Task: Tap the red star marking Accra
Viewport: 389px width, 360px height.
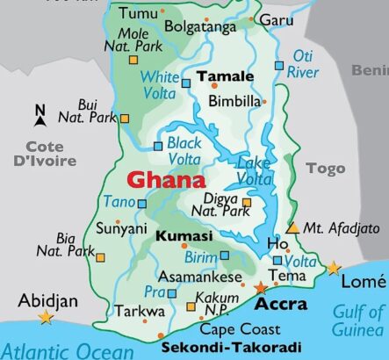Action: click(260, 287)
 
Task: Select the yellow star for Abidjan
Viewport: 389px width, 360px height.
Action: click(45, 317)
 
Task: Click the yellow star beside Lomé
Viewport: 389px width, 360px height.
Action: click(334, 267)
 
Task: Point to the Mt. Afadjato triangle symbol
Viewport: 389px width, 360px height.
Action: click(293, 227)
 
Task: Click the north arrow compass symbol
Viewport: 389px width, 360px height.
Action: click(40, 112)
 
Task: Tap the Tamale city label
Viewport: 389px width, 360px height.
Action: click(225, 76)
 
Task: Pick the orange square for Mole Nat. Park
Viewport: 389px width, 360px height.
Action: click(133, 60)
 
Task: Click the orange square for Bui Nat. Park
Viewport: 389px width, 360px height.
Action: click(124, 118)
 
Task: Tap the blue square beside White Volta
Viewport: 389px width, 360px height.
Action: click(185, 83)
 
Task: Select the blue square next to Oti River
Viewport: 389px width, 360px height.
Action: click(279, 65)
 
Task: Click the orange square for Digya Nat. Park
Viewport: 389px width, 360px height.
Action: click(247, 203)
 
